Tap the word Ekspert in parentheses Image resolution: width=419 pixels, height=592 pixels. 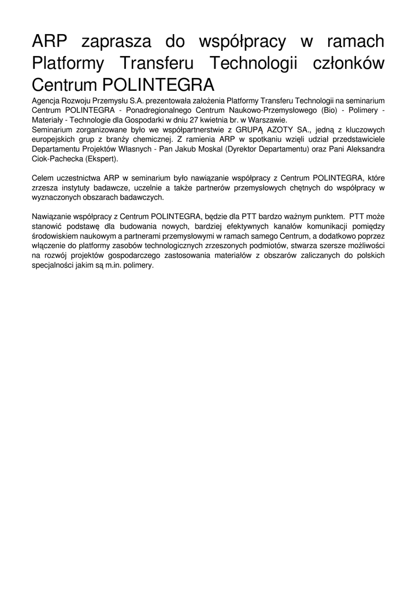coord(102,159)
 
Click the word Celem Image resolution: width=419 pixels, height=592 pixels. coord(43,178)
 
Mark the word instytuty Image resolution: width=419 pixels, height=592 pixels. coord(72,188)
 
